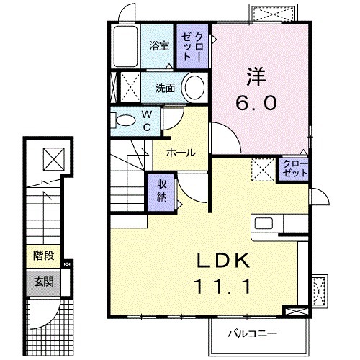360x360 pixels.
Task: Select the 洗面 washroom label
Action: (x=166, y=89)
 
